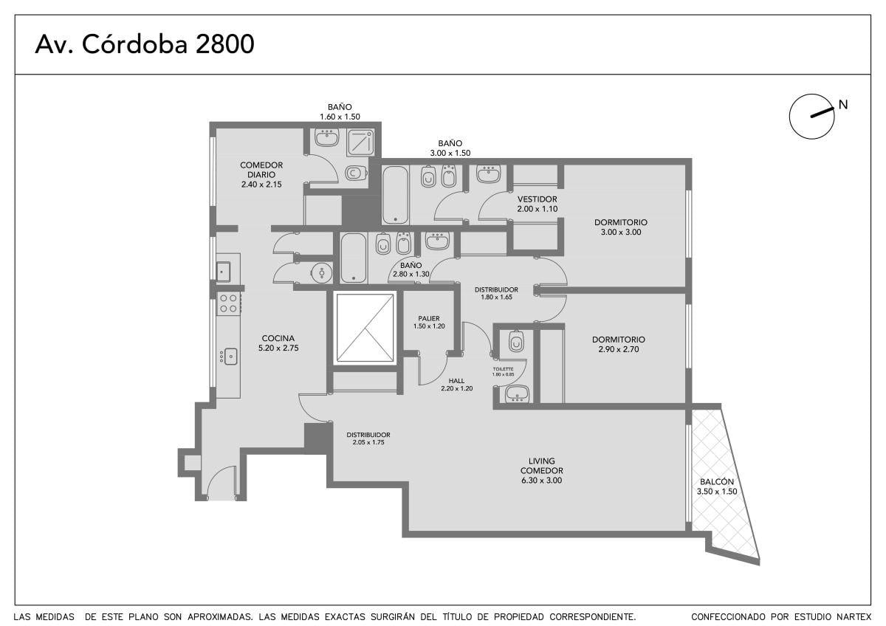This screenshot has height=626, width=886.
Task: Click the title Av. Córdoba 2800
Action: pos(145,44)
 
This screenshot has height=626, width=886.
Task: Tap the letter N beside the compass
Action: pos(843,105)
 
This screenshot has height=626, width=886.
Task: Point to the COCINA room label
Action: pos(278,338)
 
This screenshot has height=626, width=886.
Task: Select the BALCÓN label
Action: pos(717,481)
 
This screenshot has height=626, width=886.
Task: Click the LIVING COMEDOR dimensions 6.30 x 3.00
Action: pos(541,480)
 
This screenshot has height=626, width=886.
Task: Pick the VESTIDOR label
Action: pos(538,199)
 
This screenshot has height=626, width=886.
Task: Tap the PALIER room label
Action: pos(429,318)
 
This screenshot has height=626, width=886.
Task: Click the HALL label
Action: pos(456,381)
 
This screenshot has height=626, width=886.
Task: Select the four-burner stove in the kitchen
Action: pos(229,303)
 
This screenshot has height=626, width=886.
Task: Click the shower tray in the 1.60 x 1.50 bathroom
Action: pos(360,142)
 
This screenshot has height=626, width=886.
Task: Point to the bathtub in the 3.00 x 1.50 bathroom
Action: pos(395,195)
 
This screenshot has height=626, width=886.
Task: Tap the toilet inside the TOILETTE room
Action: pos(516,341)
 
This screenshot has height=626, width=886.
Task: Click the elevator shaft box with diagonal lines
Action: pos(365,328)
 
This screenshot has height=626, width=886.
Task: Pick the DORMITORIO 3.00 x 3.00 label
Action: pos(621,227)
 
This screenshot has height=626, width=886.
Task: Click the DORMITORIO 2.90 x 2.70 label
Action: pos(619,344)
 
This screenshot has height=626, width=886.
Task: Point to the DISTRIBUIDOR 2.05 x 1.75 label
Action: pos(368,438)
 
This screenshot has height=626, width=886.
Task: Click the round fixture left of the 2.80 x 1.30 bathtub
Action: pos(322,272)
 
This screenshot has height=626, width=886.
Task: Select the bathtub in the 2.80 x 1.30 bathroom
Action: pos(353,258)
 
